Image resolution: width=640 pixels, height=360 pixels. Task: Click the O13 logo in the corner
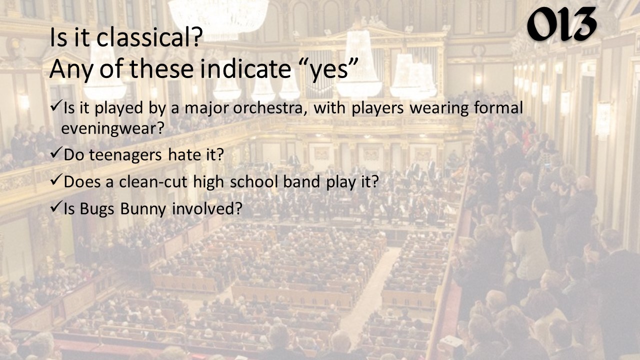click(x=561, y=24)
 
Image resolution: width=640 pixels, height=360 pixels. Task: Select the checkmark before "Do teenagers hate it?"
click(x=56, y=153)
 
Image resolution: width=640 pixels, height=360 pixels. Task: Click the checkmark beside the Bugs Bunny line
click(x=56, y=207)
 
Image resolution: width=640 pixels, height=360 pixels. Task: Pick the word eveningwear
click(x=113, y=128)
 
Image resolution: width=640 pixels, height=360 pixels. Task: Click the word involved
click(x=207, y=208)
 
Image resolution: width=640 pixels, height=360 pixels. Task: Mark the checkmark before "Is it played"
click(x=56, y=107)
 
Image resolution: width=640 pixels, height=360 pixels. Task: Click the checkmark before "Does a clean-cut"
click(x=56, y=180)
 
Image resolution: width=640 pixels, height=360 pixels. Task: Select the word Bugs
click(x=97, y=209)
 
